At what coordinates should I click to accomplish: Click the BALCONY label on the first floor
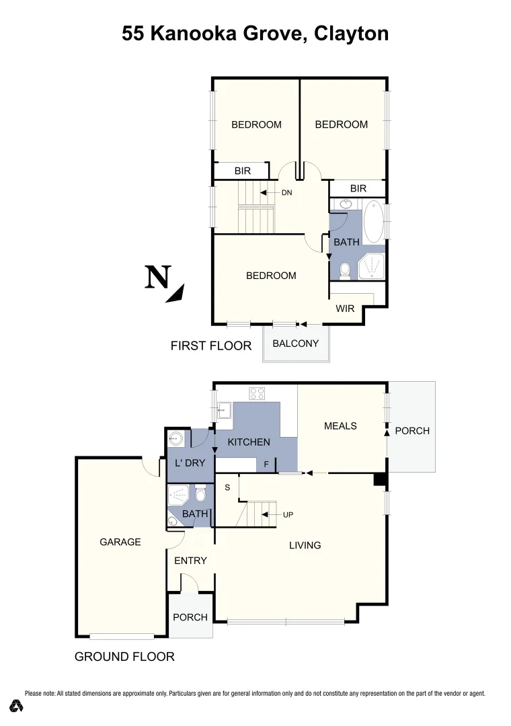click(296, 344)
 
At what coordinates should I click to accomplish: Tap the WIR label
click(345, 309)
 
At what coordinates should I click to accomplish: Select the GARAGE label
click(120, 542)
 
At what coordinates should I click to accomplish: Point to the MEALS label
click(340, 426)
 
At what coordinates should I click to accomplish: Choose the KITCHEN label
click(249, 442)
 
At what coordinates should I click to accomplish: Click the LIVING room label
click(305, 545)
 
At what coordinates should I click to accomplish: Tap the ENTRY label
click(190, 561)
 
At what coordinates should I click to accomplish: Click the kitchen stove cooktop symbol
click(257, 393)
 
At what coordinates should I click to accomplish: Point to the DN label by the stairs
click(287, 193)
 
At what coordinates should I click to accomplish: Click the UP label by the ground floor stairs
click(288, 515)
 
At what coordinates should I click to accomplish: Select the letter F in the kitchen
click(267, 464)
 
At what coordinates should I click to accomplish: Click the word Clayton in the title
click(351, 34)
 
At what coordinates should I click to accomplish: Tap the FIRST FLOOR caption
click(211, 346)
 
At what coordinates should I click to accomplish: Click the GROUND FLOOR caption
click(124, 657)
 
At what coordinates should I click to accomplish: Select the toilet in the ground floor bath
click(200, 497)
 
